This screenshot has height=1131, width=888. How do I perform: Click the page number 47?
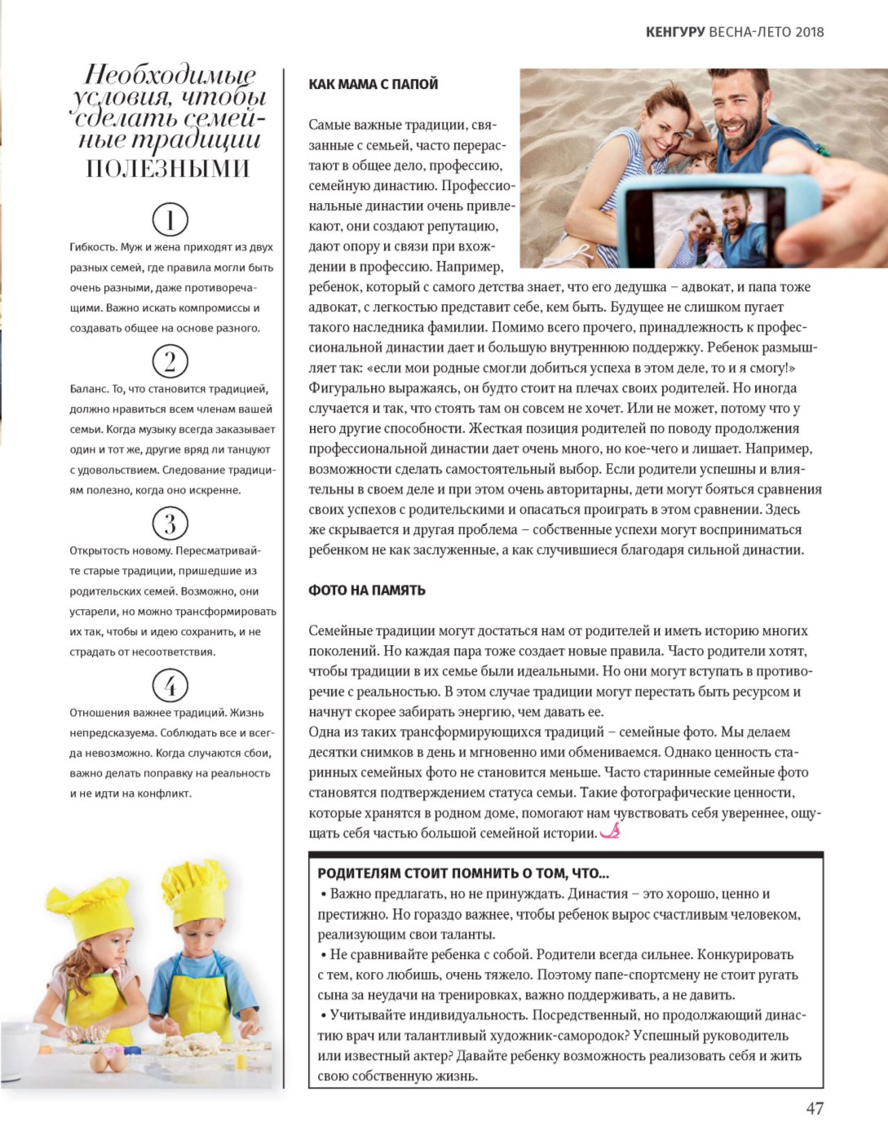pos(814,1108)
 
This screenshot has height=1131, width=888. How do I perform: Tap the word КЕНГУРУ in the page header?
pos(674,32)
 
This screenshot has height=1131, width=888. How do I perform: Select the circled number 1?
pos(170,220)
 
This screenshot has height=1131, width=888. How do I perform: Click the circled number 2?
pos(170,361)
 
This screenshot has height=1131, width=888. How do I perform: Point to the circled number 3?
pos(170,523)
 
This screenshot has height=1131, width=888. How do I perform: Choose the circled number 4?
pos(170,685)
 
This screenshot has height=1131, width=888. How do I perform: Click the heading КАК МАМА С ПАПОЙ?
pos(373,84)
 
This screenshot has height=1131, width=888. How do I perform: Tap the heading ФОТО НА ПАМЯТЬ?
pos(367,590)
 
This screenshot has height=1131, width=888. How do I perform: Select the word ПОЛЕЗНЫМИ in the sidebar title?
pos(168,169)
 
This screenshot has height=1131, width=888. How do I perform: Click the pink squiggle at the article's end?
pos(610,832)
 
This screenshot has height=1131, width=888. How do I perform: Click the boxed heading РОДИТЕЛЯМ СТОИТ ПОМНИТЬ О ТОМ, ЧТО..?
pos(463,873)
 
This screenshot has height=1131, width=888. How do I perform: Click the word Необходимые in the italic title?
pos(170,76)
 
